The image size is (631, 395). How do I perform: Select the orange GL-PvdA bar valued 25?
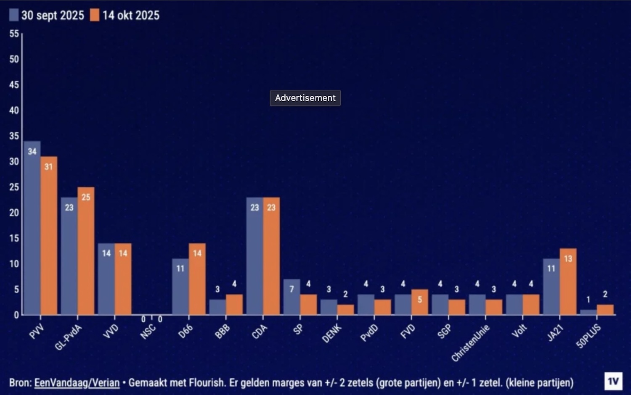86,252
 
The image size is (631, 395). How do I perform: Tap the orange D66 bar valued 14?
197,279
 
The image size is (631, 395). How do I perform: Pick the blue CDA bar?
255,256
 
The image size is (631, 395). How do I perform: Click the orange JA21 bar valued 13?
568,282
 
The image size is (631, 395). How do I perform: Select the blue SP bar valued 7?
292,297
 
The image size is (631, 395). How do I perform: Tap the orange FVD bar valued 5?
419,303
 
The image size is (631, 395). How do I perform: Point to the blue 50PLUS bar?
588,312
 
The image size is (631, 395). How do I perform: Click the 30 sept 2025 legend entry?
47,16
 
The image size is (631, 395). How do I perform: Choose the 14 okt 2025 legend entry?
125,16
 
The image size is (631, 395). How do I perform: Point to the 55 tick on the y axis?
14,34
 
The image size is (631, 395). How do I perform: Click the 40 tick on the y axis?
14,111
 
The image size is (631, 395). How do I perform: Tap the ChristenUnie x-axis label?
470,342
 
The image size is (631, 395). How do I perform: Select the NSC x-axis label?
148,332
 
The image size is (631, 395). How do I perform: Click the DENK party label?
331,334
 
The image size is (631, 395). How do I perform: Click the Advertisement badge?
305,98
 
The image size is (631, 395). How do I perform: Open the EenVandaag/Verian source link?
77,383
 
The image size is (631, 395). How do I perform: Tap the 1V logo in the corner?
613,381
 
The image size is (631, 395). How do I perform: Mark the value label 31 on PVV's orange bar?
49,167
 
